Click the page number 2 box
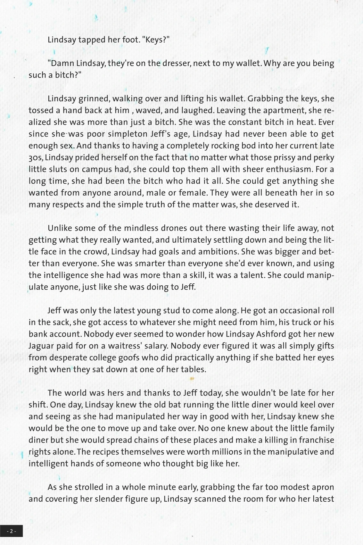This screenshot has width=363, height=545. [x=11, y=531]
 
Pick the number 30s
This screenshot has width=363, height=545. [x=35, y=158]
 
